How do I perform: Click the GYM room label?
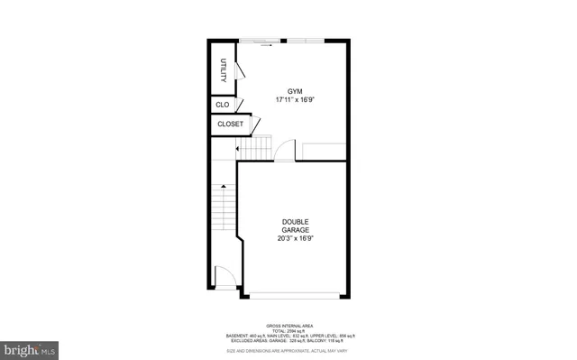[294, 91]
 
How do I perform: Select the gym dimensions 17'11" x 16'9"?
[294, 100]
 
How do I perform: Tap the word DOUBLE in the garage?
[295, 222]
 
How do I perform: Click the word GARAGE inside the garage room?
[295, 231]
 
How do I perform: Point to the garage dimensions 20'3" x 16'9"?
[295, 240]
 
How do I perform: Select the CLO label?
[223, 106]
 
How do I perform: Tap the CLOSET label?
[231, 125]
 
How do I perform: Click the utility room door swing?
[240, 74]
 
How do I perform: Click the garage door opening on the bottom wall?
[294, 297]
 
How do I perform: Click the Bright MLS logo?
[30, 347]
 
